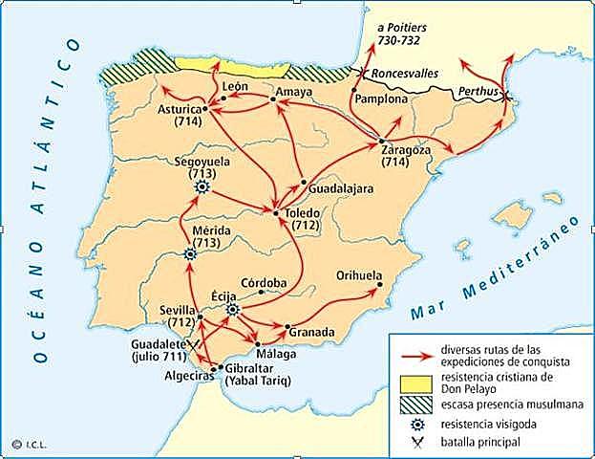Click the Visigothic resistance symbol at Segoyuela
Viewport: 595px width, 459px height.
click(202, 188)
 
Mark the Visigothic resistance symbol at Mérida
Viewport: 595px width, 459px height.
click(189, 254)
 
